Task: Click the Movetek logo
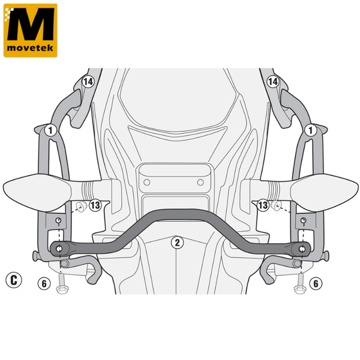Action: tap(31, 31)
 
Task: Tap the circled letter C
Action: tap(14, 280)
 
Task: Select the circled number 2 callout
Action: tap(177, 242)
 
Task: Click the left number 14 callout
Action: tap(88, 82)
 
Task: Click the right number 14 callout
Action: tap(272, 82)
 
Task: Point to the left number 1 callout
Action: tap(50, 130)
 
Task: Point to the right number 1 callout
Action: tap(311, 130)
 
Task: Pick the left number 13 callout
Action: tap(95, 205)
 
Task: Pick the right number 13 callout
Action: tap(263, 205)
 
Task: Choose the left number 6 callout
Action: tap(44, 284)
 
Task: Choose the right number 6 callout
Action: tap(316, 284)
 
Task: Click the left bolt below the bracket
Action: tap(62, 284)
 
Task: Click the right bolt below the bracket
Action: tap(300, 284)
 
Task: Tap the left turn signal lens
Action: tap(38, 193)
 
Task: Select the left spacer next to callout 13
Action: tap(81, 206)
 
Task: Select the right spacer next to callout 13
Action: tap(276, 205)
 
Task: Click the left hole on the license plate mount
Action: tap(147, 182)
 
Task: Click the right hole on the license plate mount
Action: tap(200, 182)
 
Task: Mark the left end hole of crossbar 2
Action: tap(59, 248)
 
